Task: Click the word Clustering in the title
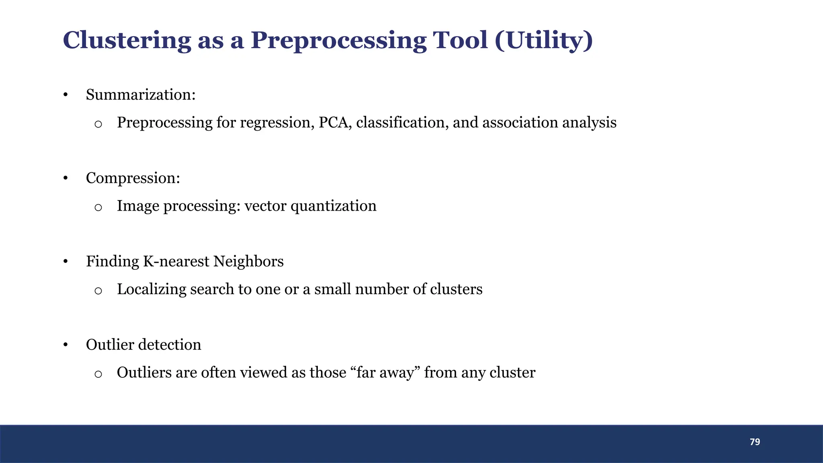coord(127,41)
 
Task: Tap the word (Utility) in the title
coord(544,41)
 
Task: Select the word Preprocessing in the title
coord(338,41)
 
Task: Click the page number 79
coord(755,442)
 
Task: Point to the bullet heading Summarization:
coord(141,95)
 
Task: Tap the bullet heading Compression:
coord(133,178)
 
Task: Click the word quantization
coord(333,206)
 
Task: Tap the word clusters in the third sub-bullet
coord(456,289)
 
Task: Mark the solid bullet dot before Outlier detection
coord(66,345)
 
